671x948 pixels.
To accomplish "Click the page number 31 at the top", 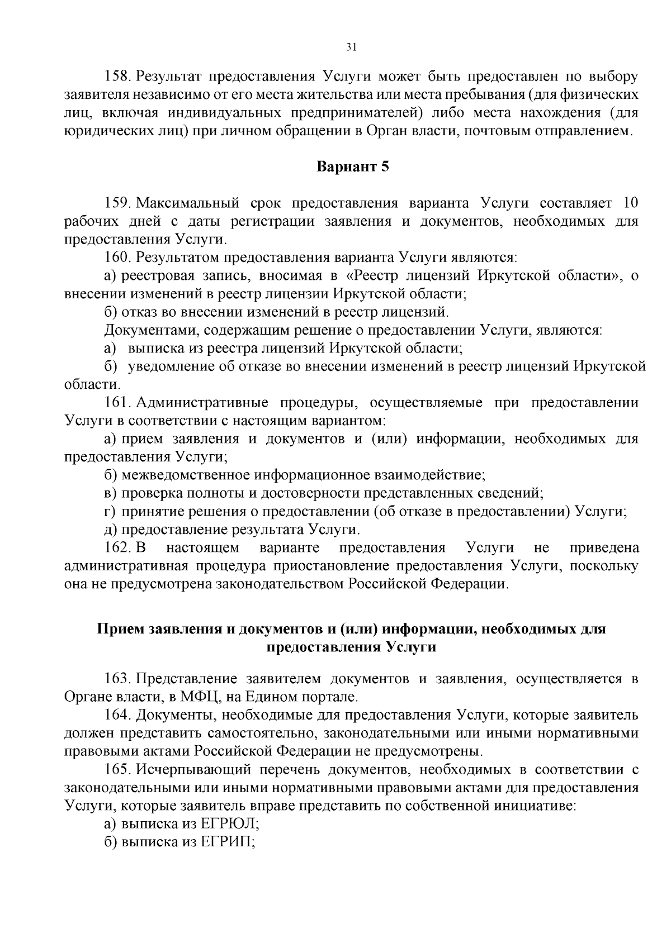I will click(351, 47).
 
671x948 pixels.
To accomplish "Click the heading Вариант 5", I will click(352, 167).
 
